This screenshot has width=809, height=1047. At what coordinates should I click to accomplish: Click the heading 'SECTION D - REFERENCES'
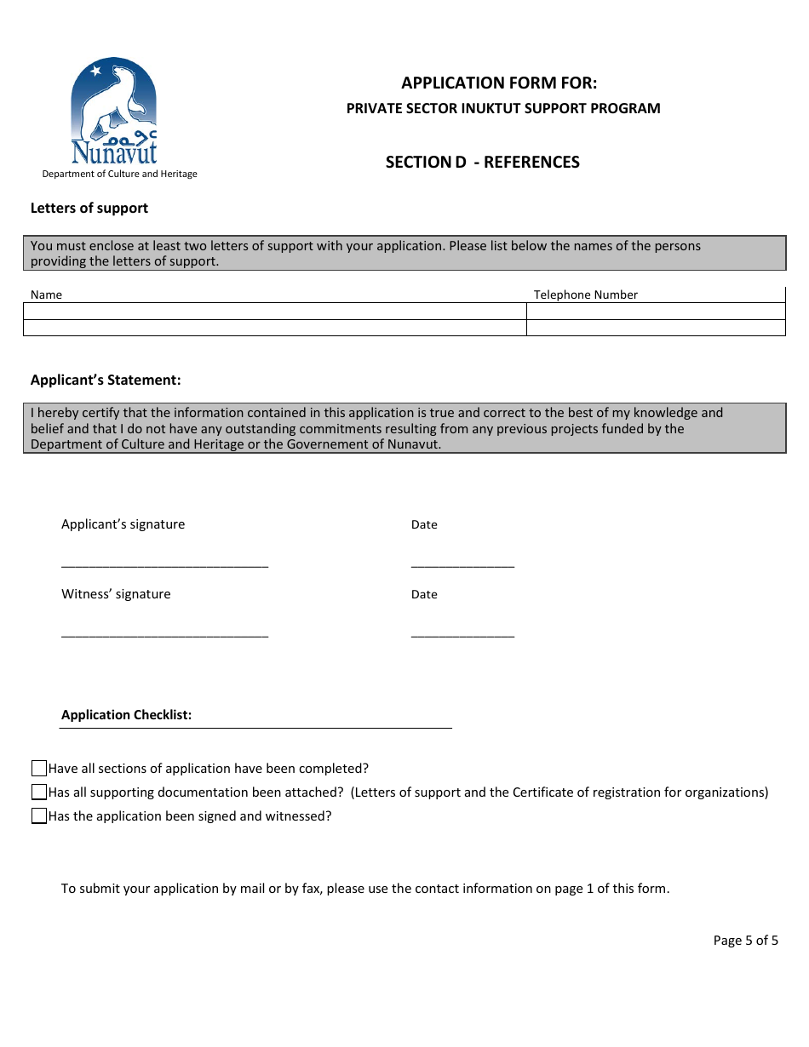coord(482,162)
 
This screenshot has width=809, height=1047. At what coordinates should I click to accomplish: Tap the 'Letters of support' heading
coord(89,208)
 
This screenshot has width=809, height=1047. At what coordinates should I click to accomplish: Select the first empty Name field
coord(274,311)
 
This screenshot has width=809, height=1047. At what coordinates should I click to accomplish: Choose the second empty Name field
coord(274,328)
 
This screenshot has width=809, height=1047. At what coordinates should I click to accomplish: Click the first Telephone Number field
coord(656,311)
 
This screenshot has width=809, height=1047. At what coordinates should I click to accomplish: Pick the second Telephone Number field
coord(656,328)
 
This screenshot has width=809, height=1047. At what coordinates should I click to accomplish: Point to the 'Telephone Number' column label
coord(585,295)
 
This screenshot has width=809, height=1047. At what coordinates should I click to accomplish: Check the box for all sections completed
coord(39,769)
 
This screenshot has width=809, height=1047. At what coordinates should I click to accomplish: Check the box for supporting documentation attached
coord(39,792)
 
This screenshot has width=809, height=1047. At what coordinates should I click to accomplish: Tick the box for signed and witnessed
coord(39,816)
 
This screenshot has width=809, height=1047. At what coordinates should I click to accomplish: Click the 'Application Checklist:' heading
coord(126,715)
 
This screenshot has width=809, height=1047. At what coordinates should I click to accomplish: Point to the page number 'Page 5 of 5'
coord(745,941)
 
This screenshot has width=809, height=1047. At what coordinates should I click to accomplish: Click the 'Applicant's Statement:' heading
coord(106,380)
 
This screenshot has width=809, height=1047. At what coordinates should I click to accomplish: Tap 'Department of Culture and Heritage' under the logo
coord(119,174)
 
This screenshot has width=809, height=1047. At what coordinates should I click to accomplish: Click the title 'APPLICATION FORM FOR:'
coord(499,83)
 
